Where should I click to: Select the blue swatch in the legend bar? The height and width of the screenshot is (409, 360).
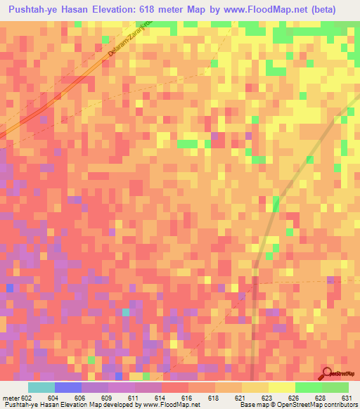pyautogui.click(x=67, y=387)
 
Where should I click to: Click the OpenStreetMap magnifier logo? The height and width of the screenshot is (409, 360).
pyautogui.click(x=328, y=375)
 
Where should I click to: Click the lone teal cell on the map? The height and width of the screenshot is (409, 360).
pyautogui.click(x=126, y=311)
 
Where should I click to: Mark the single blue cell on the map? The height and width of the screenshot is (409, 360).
pyautogui.click(x=9, y=288)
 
